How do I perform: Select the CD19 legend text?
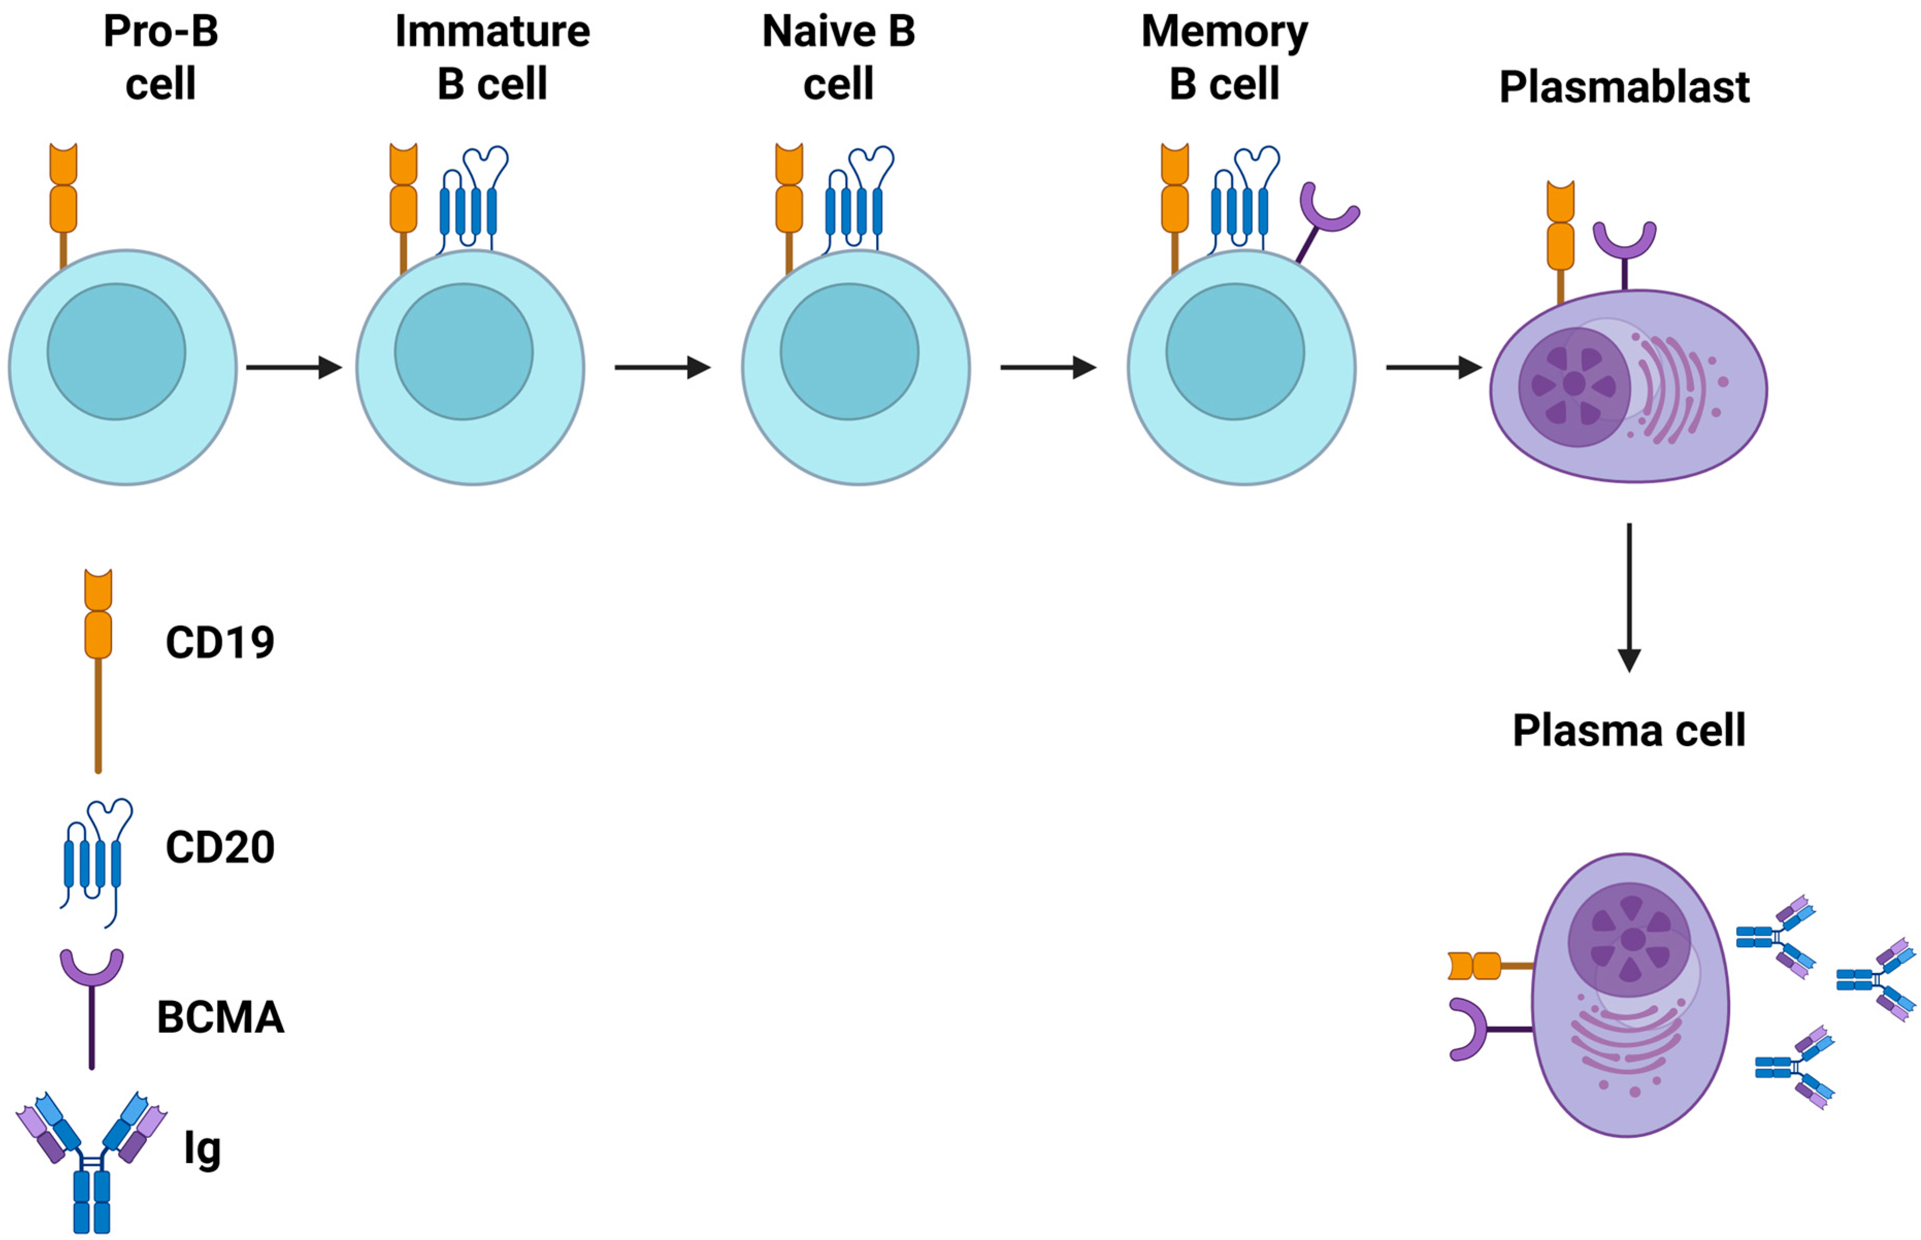click(219, 643)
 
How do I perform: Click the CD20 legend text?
click(219, 847)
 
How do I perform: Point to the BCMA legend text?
click(220, 1017)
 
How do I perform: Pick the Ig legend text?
click(202, 1149)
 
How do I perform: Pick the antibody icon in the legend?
click(91, 1160)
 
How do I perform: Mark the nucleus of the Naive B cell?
click(849, 352)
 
